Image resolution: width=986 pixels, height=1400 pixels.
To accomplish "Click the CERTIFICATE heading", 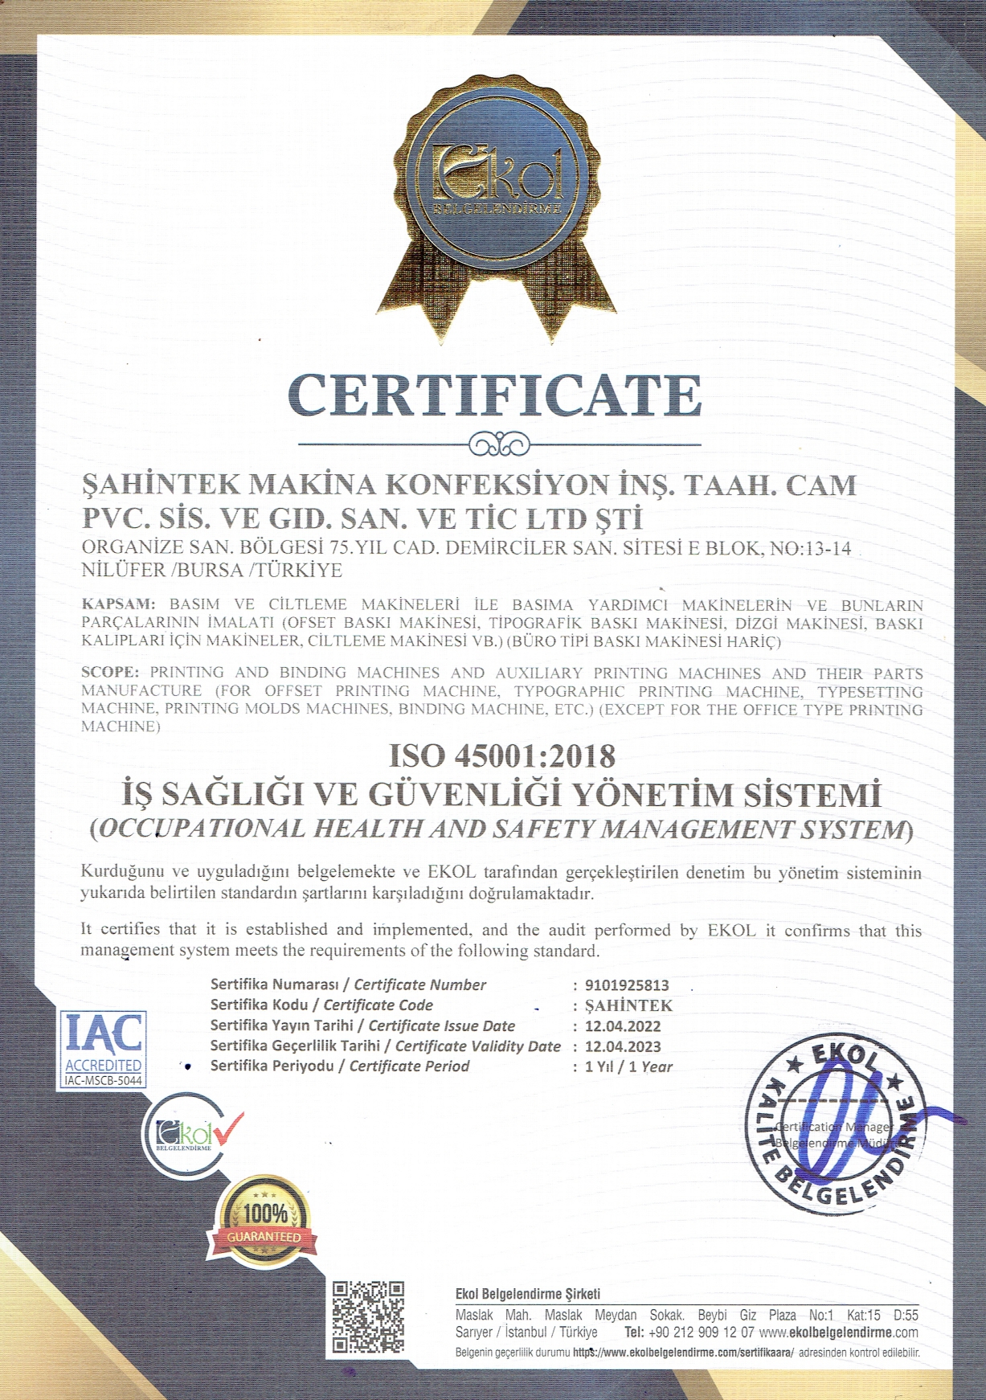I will (x=493, y=395).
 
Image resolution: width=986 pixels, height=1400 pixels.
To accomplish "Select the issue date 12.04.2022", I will (x=623, y=1026).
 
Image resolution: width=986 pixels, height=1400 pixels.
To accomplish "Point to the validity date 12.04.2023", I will (x=623, y=1046).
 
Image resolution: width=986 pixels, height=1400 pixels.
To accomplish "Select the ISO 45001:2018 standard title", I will (x=502, y=756).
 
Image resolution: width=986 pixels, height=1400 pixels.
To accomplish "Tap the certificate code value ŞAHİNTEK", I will (x=628, y=1006).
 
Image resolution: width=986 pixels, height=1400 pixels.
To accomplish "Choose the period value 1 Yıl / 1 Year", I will (x=628, y=1067).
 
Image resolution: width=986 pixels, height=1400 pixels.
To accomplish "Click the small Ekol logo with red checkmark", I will (x=193, y=1134).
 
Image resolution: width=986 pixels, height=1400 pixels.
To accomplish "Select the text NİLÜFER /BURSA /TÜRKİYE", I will (x=212, y=571).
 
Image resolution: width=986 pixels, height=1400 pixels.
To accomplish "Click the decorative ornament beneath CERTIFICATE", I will (x=498, y=444).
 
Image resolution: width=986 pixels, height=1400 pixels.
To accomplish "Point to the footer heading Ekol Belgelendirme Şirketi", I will (x=527, y=1294).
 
